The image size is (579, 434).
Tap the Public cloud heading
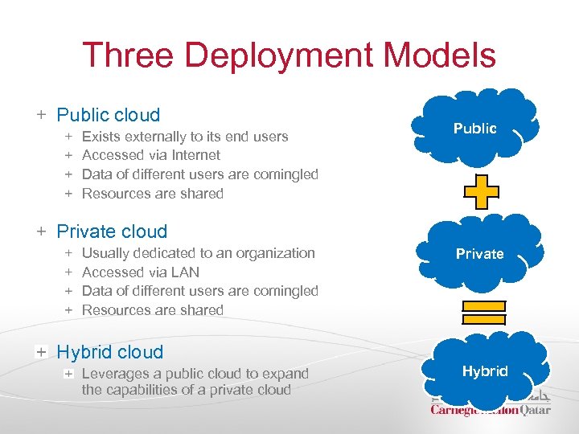(x=109, y=115)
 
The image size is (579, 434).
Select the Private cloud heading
(x=112, y=231)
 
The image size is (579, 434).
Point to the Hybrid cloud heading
(x=109, y=352)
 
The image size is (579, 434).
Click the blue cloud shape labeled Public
(x=474, y=127)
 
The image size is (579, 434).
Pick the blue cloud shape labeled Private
(x=479, y=252)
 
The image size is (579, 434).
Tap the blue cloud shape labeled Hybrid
(x=485, y=371)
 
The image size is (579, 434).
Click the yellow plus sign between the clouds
(x=480, y=191)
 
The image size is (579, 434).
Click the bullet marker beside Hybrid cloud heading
(x=40, y=352)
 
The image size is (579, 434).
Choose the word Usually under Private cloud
(x=106, y=253)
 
